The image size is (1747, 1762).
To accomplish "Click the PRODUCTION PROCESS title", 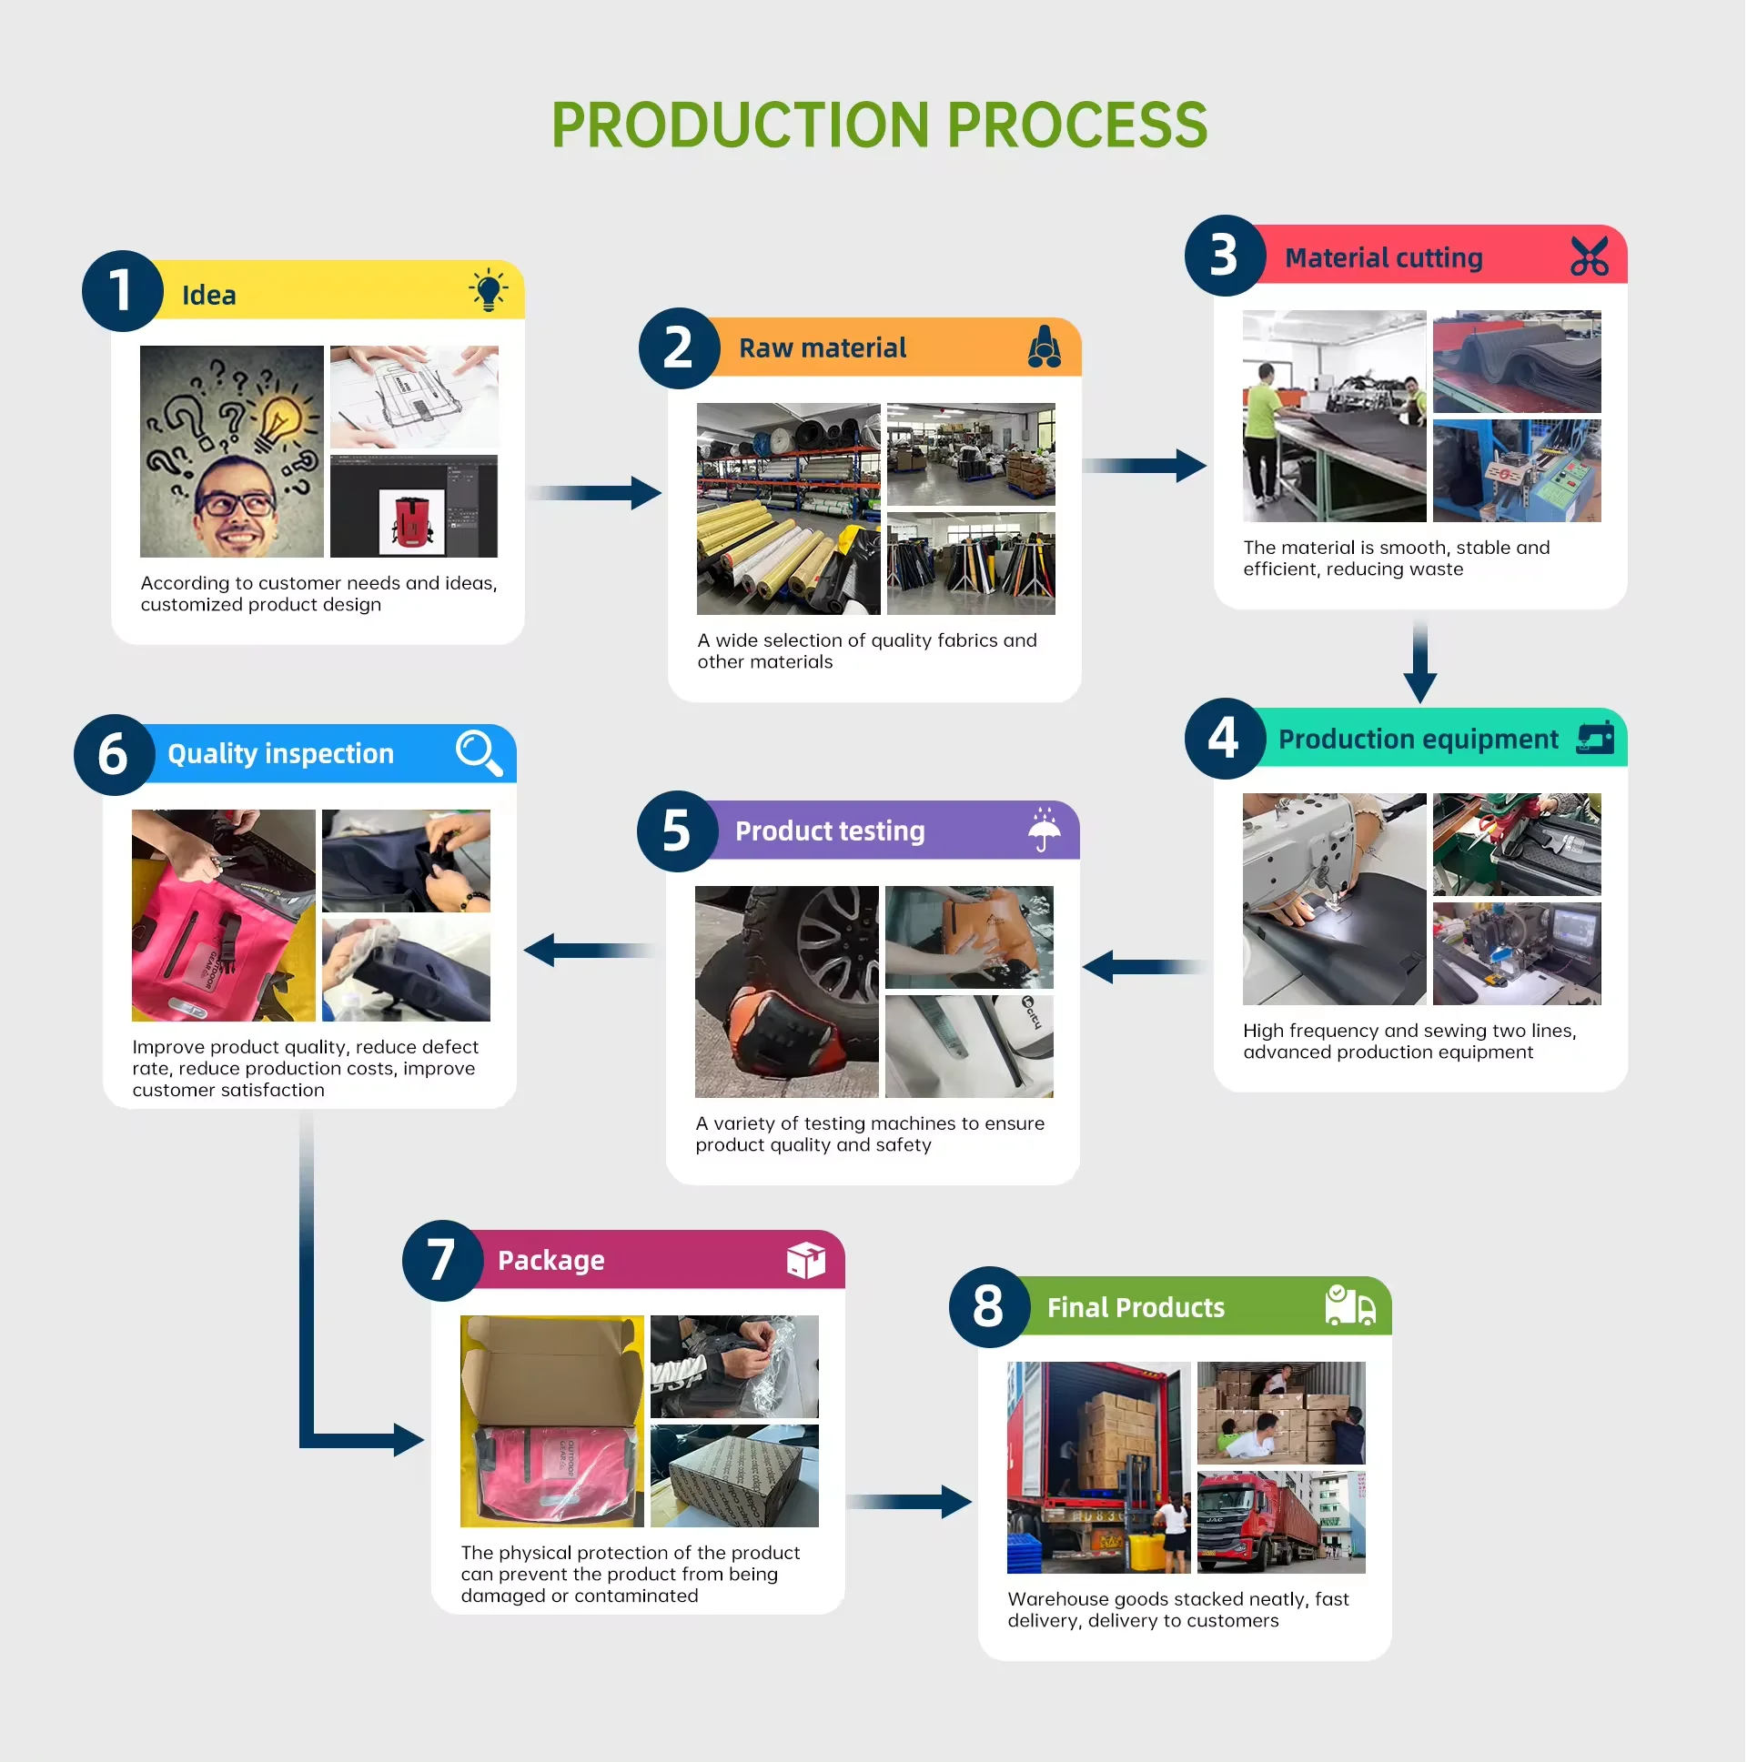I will [x=880, y=125].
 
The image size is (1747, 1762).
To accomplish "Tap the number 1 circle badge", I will [x=122, y=291].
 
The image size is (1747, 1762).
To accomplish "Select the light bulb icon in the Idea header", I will [x=489, y=290].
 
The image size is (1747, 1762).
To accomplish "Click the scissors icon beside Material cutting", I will [x=1590, y=257].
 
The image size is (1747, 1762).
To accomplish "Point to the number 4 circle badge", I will [x=1226, y=739].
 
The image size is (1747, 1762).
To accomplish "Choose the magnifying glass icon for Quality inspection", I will [x=479, y=753].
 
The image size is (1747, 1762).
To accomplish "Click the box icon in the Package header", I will [x=806, y=1261].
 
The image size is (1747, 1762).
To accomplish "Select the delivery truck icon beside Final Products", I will [x=1350, y=1306].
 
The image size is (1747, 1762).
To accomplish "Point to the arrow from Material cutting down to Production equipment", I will [x=1420, y=662].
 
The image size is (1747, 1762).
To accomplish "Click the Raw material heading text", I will [x=823, y=348].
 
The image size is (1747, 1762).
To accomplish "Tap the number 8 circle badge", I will [x=989, y=1307].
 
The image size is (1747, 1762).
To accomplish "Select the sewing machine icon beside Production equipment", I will [x=1596, y=738].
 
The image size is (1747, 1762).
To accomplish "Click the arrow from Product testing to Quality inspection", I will [x=589, y=951].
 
